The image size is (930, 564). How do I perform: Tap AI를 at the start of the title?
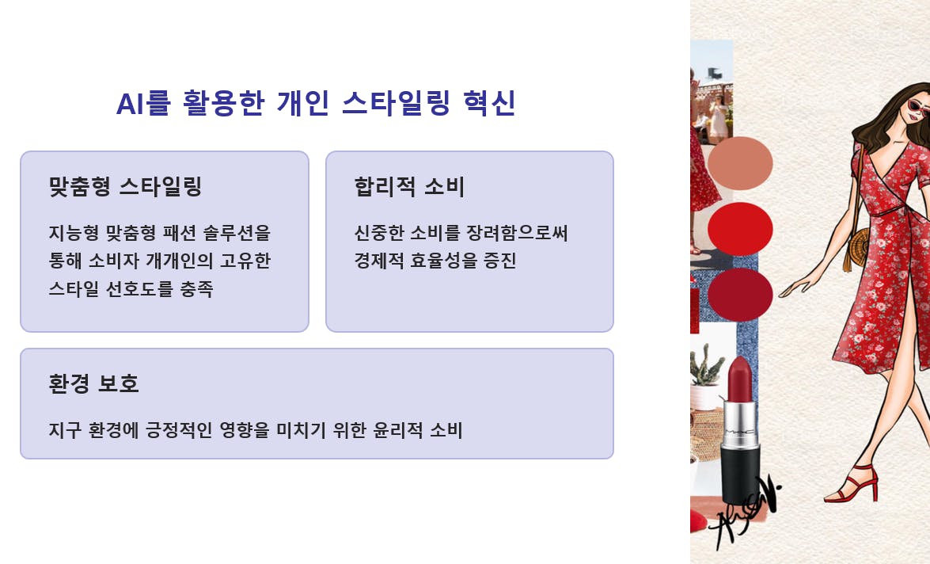tap(143, 103)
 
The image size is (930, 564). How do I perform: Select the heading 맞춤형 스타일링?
tap(125, 186)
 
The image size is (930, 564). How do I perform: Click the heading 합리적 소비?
tap(409, 186)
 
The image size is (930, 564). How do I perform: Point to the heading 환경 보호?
tap(93, 383)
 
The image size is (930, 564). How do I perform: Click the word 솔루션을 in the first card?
tap(237, 233)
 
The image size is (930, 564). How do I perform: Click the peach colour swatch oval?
tap(740, 163)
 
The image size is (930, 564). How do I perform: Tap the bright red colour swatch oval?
tap(740, 229)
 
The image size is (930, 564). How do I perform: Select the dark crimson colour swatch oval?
tap(740, 295)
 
